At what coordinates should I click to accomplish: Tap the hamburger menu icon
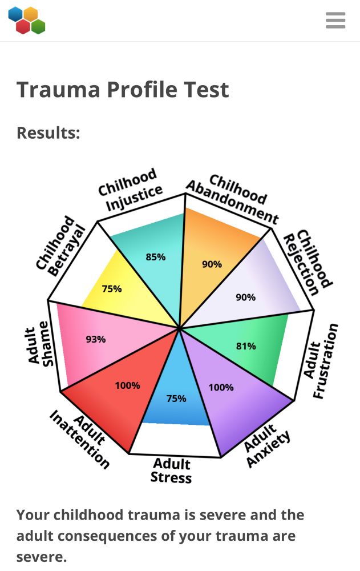click(335, 20)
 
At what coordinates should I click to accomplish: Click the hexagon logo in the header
click(27, 21)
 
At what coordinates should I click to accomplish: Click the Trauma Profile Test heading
click(123, 90)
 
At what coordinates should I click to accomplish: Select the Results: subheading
click(48, 133)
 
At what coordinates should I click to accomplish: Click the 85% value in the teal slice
click(155, 257)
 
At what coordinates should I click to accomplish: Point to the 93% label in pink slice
click(96, 339)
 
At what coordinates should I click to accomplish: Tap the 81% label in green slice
click(246, 346)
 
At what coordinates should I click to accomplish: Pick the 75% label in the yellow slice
click(112, 289)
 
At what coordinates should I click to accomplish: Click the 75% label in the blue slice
click(176, 399)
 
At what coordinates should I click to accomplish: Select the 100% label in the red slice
click(127, 385)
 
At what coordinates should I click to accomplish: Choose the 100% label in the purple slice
click(221, 387)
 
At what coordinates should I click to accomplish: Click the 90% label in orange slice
click(212, 264)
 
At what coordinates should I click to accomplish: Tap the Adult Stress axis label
click(172, 470)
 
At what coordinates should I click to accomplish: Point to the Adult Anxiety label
click(266, 447)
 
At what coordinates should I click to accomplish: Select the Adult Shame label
click(41, 345)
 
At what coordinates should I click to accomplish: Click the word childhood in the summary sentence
click(90, 515)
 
